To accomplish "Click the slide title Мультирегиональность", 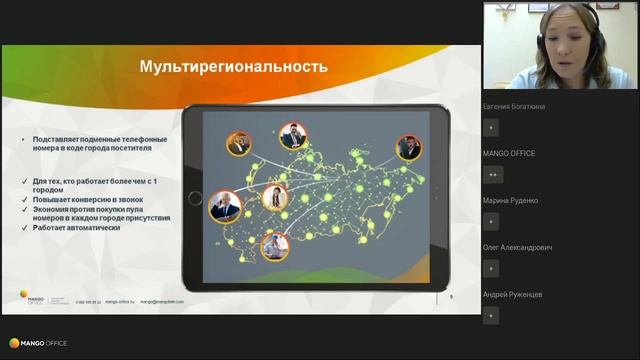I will click(233, 67).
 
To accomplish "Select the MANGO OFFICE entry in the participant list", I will click(509, 153).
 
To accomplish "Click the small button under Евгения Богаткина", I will click(491, 127).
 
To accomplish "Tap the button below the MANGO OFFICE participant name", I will click(491, 174).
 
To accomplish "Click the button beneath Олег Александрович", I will click(491, 268).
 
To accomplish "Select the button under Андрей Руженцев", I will click(491, 315).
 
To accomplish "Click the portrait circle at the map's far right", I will click(408, 148).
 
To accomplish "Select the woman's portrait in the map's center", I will click(275, 198).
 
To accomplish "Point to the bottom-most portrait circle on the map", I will click(275, 245).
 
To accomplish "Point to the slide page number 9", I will click(451, 296).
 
